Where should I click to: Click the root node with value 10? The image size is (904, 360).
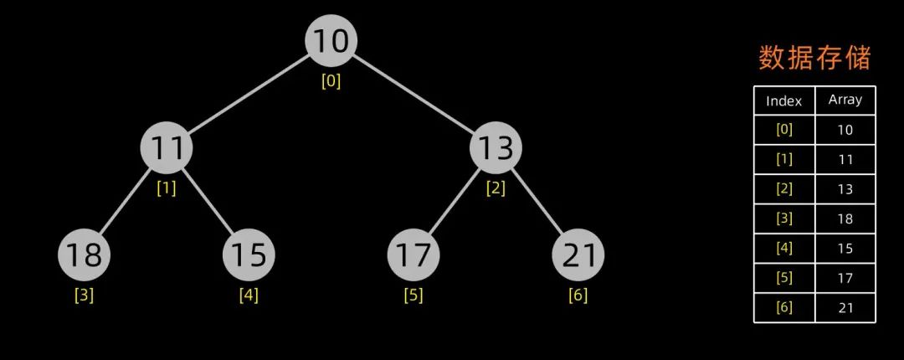point(331,41)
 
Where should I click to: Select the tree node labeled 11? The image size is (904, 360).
point(167,148)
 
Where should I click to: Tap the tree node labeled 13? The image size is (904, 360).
point(496,148)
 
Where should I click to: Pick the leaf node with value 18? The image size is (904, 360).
point(84,255)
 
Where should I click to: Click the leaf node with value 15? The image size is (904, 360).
point(249,255)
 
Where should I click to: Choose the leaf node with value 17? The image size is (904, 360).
point(413,255)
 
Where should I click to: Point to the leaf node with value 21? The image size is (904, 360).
point(578,255)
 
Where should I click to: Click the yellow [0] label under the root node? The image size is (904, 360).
point(331,81)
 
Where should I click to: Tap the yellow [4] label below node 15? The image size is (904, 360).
point(249,295)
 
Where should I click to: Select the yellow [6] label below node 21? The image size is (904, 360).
point(578,295)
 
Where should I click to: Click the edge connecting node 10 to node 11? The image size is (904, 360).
point(249,95)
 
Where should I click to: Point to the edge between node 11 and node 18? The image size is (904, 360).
point(126,202)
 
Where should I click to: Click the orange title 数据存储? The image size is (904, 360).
point(814,58)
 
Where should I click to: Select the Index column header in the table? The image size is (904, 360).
point(784,101)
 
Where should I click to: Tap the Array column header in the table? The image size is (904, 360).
point(845,100)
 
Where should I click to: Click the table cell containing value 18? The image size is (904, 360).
point(845,219)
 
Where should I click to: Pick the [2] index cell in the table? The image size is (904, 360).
point(784,189)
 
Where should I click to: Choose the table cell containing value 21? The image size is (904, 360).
point(845,307)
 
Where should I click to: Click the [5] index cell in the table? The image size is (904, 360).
point(784,278)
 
